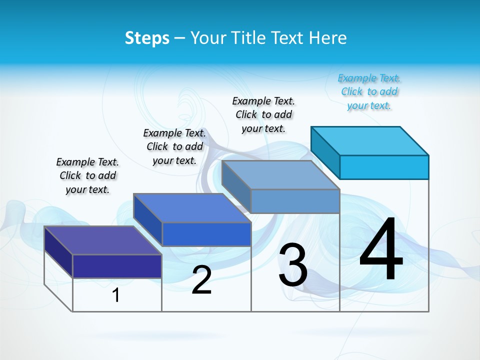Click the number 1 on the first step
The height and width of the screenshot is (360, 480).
pyautogui.click(x=116, y=295)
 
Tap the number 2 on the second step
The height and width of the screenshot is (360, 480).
pyautogui.click(x=201, y=280)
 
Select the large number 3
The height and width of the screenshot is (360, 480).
pyautogui.click(x=293, y=265)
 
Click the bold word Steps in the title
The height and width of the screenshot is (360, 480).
pyautogui.click(x=147, y=38)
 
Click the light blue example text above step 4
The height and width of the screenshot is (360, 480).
pyautogui.click(x=369, y=92)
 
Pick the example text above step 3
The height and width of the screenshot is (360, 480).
pyautogui.click(x=263, y=114)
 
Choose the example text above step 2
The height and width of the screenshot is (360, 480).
pyautogui.click(x=174, y=146)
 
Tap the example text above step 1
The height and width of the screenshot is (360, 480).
pyautogui.click(x=87, y=175)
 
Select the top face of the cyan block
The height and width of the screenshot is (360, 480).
pyautogui.click(x=370, y=140)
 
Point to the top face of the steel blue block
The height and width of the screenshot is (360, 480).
pyautogui.click(x=280, y=174)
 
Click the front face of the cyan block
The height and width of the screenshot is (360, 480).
pyautogui.click(x=384, y=167)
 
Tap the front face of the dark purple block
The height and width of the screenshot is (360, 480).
pyautogui.click(x=117, y=266)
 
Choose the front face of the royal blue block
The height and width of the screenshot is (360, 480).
pyautogui.click(x=206, y=234)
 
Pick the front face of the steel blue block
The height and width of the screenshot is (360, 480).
pyautogui.click(x=295, y=201)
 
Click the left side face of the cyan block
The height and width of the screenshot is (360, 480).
pyautogui.click(x=325, y=152)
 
